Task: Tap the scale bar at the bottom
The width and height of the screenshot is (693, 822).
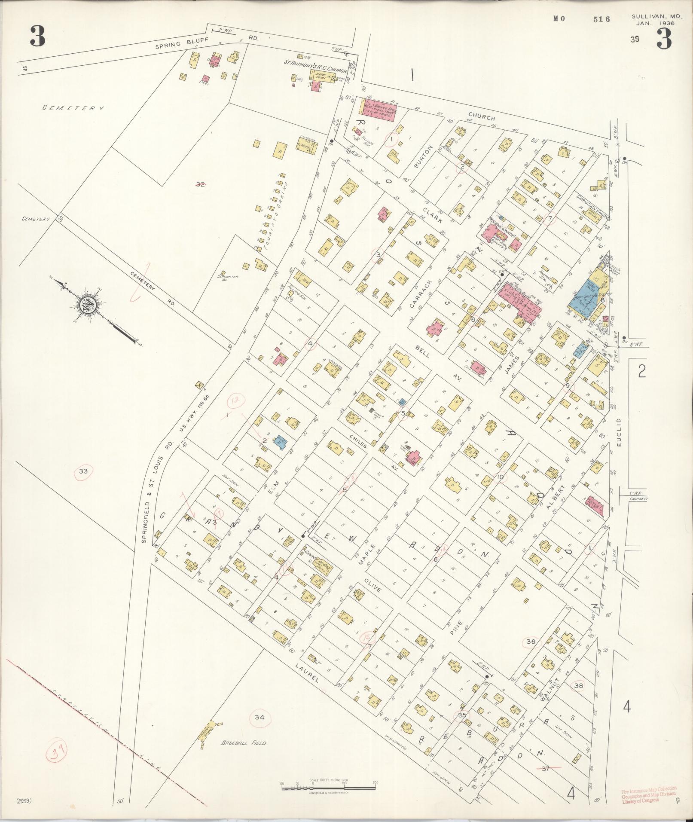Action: pyautogui.click(x=328, y=787)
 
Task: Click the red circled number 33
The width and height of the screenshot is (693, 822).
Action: pyautogui.click(x=83, y=471)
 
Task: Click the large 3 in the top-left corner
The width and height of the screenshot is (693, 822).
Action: pyautogui.click(x=38, y=37)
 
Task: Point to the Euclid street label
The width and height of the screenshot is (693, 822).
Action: pyautogui.click(x=619, y=432)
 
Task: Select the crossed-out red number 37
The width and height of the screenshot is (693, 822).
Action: pyautogui.click(x=546, y=769)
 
